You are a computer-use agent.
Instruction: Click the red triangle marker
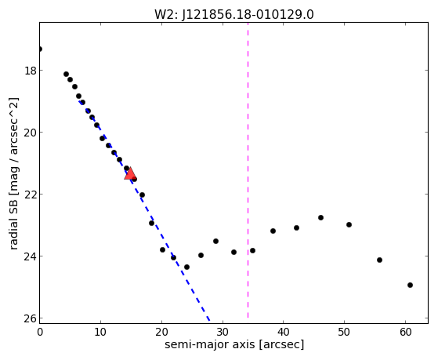click(x=130, y=173)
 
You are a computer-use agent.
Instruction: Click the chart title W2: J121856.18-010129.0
click(x=234, y=14)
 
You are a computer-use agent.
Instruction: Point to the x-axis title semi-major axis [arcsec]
click(x=234, y=344)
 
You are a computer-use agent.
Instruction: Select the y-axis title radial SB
click(x=14, y=222)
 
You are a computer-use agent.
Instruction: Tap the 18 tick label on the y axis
click(x=31, y=71)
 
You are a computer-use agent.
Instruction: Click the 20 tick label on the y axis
click(x=31, y=133)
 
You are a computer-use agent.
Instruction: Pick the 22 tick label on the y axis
click(x=31, y=195)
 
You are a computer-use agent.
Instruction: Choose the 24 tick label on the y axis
click(x=31, y=256)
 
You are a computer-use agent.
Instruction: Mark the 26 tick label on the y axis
click(x=31, y=318)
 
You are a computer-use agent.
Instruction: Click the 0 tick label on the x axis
click(x=40, y=332)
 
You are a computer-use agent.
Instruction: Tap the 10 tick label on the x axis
click(x=100, y=332)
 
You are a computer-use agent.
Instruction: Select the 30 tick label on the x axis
click(x=223, y=332)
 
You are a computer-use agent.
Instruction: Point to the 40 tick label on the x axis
click(x=283, y=332)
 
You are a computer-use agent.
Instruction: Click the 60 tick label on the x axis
click(x=405, y=332)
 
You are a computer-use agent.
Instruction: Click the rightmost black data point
click(x=410, y=285)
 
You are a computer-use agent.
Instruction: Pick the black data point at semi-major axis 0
click(x=40, y=49)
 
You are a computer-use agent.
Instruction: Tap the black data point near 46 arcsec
click(x=320, y=217)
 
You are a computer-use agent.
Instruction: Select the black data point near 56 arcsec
click(x=379, y=260)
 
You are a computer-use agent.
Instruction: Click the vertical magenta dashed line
click(x=248, y=170)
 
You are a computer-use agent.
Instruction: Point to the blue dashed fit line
click(x=144, y=210)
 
